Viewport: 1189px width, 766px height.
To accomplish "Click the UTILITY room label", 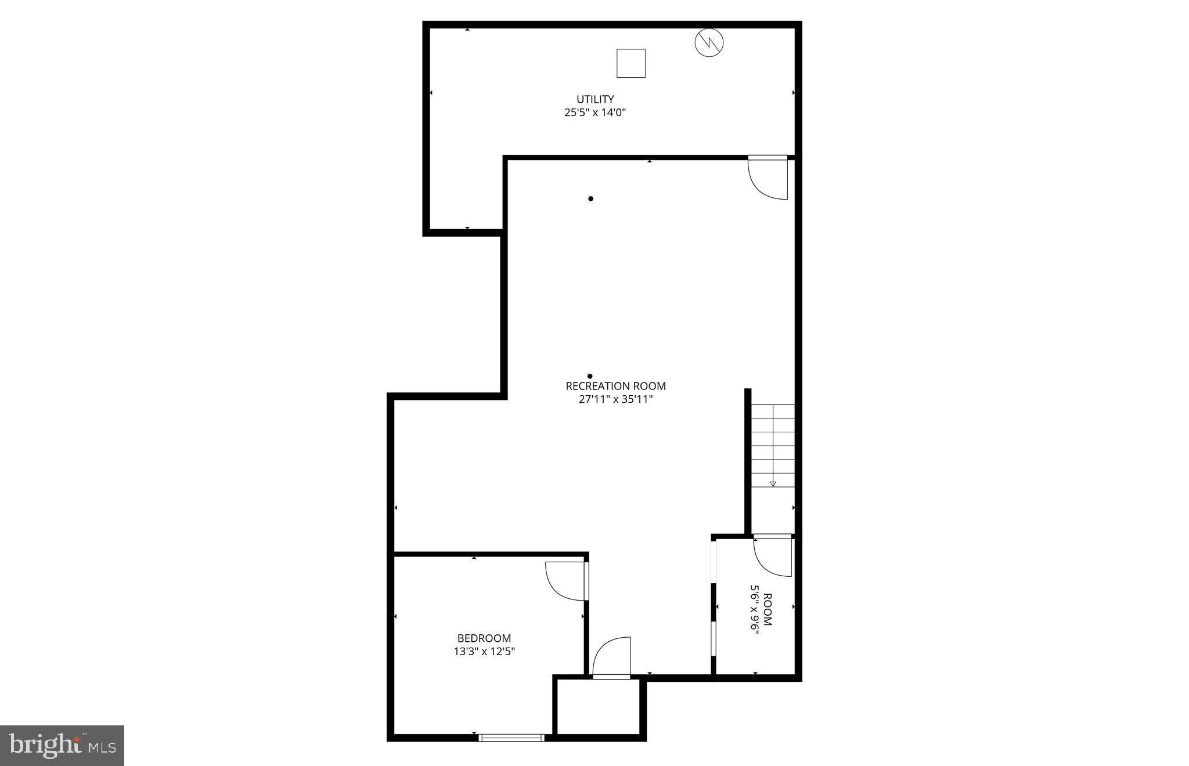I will (x=594, y=99).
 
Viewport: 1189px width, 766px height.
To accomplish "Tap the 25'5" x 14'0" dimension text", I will (x=594, y=113).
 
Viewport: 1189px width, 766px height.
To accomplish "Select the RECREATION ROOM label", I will (x=615, y=386).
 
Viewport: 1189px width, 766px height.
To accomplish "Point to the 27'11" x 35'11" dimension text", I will (x=615, y=399).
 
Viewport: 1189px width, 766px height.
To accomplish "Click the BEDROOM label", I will (x=484, y=638).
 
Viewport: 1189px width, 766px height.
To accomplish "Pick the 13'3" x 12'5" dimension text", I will (x=484, y=652).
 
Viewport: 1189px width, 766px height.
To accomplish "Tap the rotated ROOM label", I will (x=768, y=609).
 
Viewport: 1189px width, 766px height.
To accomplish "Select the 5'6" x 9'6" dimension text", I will (x=755, y=609).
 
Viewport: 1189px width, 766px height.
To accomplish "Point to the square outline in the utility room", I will (x=631, y=63).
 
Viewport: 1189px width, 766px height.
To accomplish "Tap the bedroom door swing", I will (x=566, y=580).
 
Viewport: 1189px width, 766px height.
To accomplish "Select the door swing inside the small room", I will (x=773, y=557).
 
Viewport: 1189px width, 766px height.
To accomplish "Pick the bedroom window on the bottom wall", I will (x=511, y=738).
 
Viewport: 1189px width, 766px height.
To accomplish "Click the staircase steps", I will (x=773, y=446).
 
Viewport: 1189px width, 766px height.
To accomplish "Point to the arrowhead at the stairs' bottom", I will (x=773, y=483).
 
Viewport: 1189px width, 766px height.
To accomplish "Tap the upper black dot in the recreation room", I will (x=590, y=198).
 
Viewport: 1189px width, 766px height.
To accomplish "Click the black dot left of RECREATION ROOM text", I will (x=590, y=376).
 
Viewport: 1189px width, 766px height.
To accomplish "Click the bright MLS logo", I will (x=62, y=745).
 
